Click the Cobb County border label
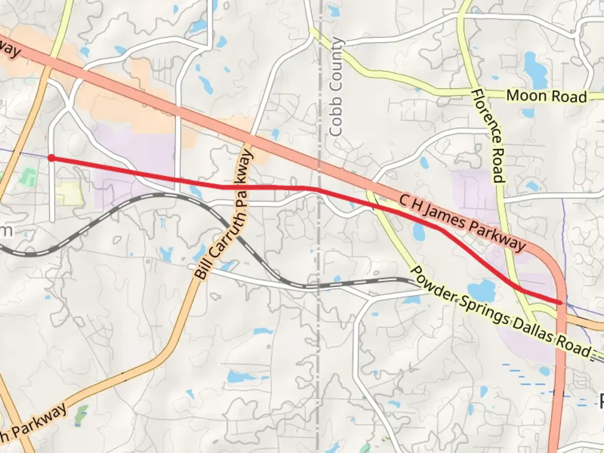336,87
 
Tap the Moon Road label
546,96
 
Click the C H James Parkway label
462,222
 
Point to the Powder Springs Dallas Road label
499,310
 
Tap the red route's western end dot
51,158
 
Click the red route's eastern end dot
560,302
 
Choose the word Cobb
336,120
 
